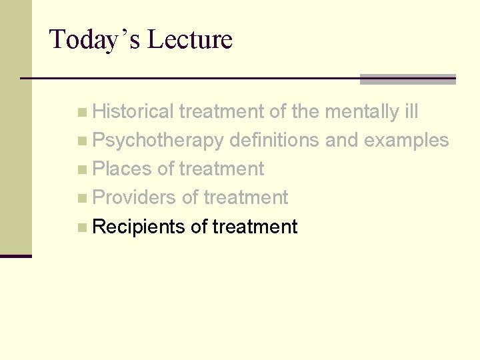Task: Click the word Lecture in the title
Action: [189, 39]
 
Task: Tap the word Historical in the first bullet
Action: [133, 112]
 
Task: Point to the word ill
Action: [411, 112]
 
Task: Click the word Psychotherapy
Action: [158, 141]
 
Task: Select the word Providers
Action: [134, 198]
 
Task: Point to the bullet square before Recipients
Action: [81, 227]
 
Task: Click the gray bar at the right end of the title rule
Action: [407, 79]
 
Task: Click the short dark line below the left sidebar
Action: [15, 256]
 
